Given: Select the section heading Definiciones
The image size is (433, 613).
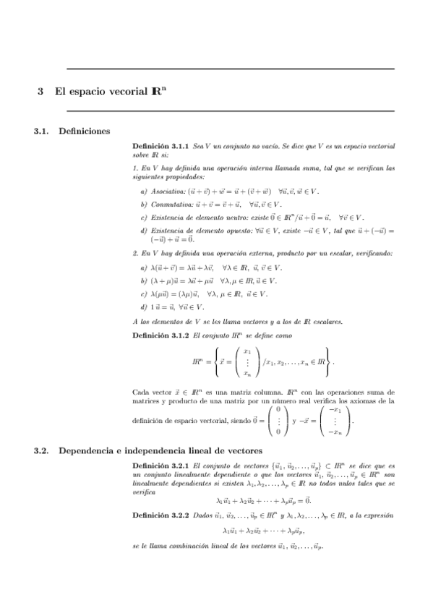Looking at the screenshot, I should tap(84, 132).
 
